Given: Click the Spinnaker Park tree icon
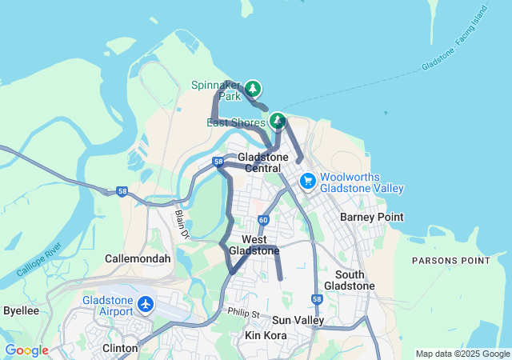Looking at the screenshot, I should [x=253, y=87].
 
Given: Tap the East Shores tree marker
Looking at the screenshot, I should [x=278, y=121].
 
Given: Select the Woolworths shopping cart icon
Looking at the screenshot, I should [x=307, y=182].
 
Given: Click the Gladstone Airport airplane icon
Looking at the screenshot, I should [x=146, y=305].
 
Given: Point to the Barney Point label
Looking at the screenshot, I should [x=371, y=217].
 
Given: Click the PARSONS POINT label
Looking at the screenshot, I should [x=450, y=261].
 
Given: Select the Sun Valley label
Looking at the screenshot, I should [x=298, y=320].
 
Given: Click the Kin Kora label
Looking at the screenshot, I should [x=265, y=335].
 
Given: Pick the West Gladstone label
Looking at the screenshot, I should [x=254, y=245].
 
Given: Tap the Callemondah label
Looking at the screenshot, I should [x=138, y=259].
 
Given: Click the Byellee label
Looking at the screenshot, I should [x=21, y=310].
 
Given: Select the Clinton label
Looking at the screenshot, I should [x=120, y=348].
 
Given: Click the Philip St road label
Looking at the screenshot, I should [x=244, y=312].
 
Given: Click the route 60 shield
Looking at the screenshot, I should [x=263, y=219].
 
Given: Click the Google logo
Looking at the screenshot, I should [x=26, y=350].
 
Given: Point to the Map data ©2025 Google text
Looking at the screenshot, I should [x=462, y=354].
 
